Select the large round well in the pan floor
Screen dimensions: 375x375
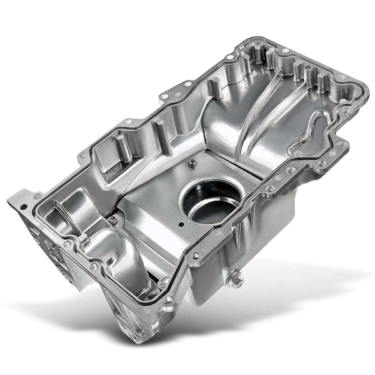point(211,201)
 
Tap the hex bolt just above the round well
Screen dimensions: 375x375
point(192,164)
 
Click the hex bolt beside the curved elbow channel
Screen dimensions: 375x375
point(112,220)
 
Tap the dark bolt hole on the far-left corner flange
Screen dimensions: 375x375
point(23,206)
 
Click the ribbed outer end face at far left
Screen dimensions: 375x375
point(37,244)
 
